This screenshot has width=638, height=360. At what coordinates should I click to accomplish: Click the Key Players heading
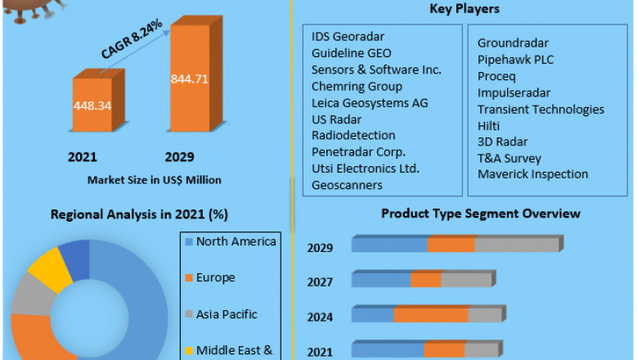pos(465,9)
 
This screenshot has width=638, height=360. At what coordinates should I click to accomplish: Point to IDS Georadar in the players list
pos(348,37)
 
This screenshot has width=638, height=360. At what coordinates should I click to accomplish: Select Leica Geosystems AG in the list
pos(370,103)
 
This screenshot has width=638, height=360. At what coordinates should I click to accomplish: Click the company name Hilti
pos(490,125)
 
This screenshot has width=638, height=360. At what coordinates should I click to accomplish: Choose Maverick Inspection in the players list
pos(532,174)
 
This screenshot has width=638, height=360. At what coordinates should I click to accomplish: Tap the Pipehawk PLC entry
pos(517,59)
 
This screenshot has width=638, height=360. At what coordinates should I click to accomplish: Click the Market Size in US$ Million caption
pos(154,179)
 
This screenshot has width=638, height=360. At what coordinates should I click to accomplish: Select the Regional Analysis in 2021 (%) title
pos(139,214)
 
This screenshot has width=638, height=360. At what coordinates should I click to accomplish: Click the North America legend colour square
pos(188,242)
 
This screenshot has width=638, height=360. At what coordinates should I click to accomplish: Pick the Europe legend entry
pos(215,278)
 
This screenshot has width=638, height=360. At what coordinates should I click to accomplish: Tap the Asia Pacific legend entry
pos(227,314)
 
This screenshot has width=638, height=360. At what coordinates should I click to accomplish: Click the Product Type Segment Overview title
pos(481,214)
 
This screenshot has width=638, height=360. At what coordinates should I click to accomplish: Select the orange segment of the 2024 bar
pos(430,315)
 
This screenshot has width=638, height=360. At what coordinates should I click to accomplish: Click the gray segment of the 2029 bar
pos(516,245)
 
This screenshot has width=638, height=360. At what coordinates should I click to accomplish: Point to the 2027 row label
pos(320,282)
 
